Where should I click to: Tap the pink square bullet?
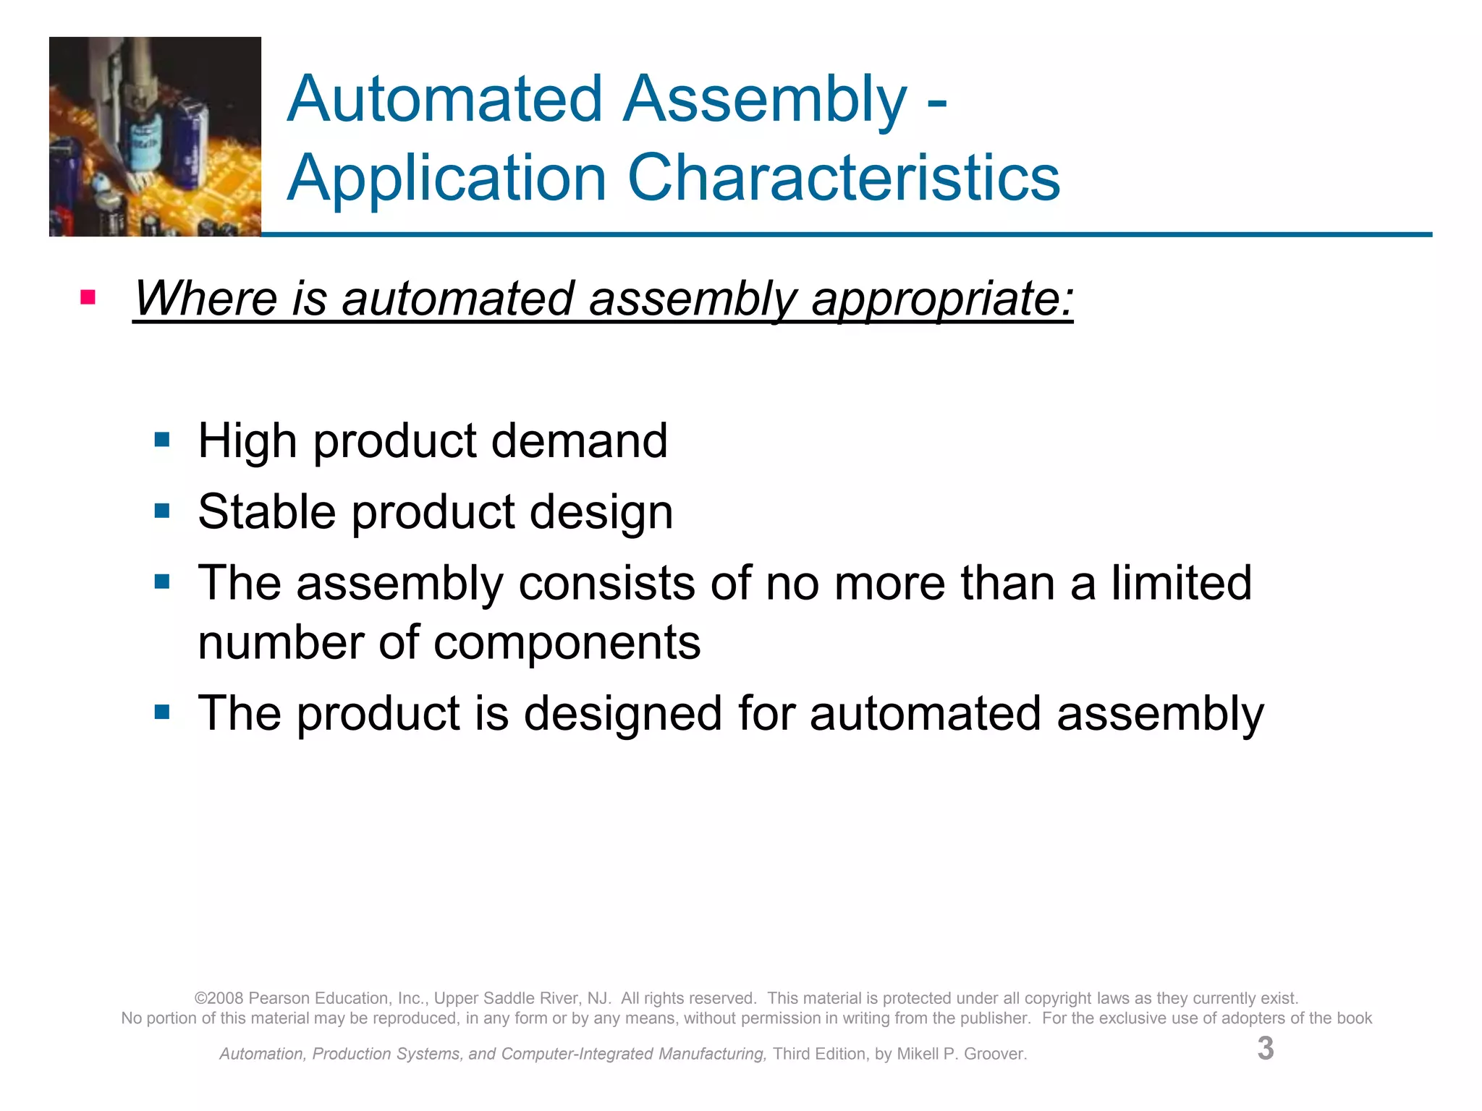pos(88,297)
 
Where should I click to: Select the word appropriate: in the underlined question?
pos(942,299)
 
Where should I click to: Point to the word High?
pos(247,440)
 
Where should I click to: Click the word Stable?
pos(266,511)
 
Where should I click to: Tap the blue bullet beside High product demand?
pos(162,440)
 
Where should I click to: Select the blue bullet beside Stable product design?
pos(162,511)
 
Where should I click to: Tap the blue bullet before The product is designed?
pos(162,713)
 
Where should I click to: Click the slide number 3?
pos(1265,1049)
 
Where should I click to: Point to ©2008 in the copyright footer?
pos(219,998)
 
